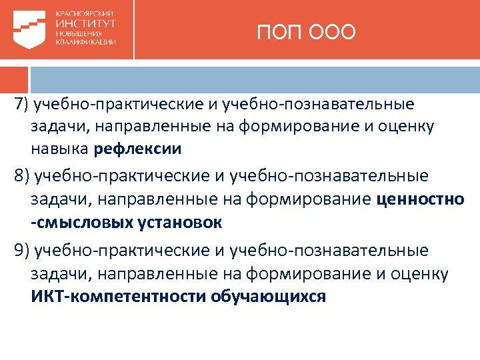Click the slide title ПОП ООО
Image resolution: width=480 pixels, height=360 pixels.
[x=307, y=32]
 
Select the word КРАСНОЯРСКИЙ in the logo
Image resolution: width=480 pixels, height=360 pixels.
[x=84, y=13]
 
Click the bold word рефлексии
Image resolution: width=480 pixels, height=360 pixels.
[x=138, y=148]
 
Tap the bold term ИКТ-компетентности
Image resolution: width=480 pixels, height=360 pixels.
[x=119, y=295]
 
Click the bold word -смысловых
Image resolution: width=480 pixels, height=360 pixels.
[x=73, y=222]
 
